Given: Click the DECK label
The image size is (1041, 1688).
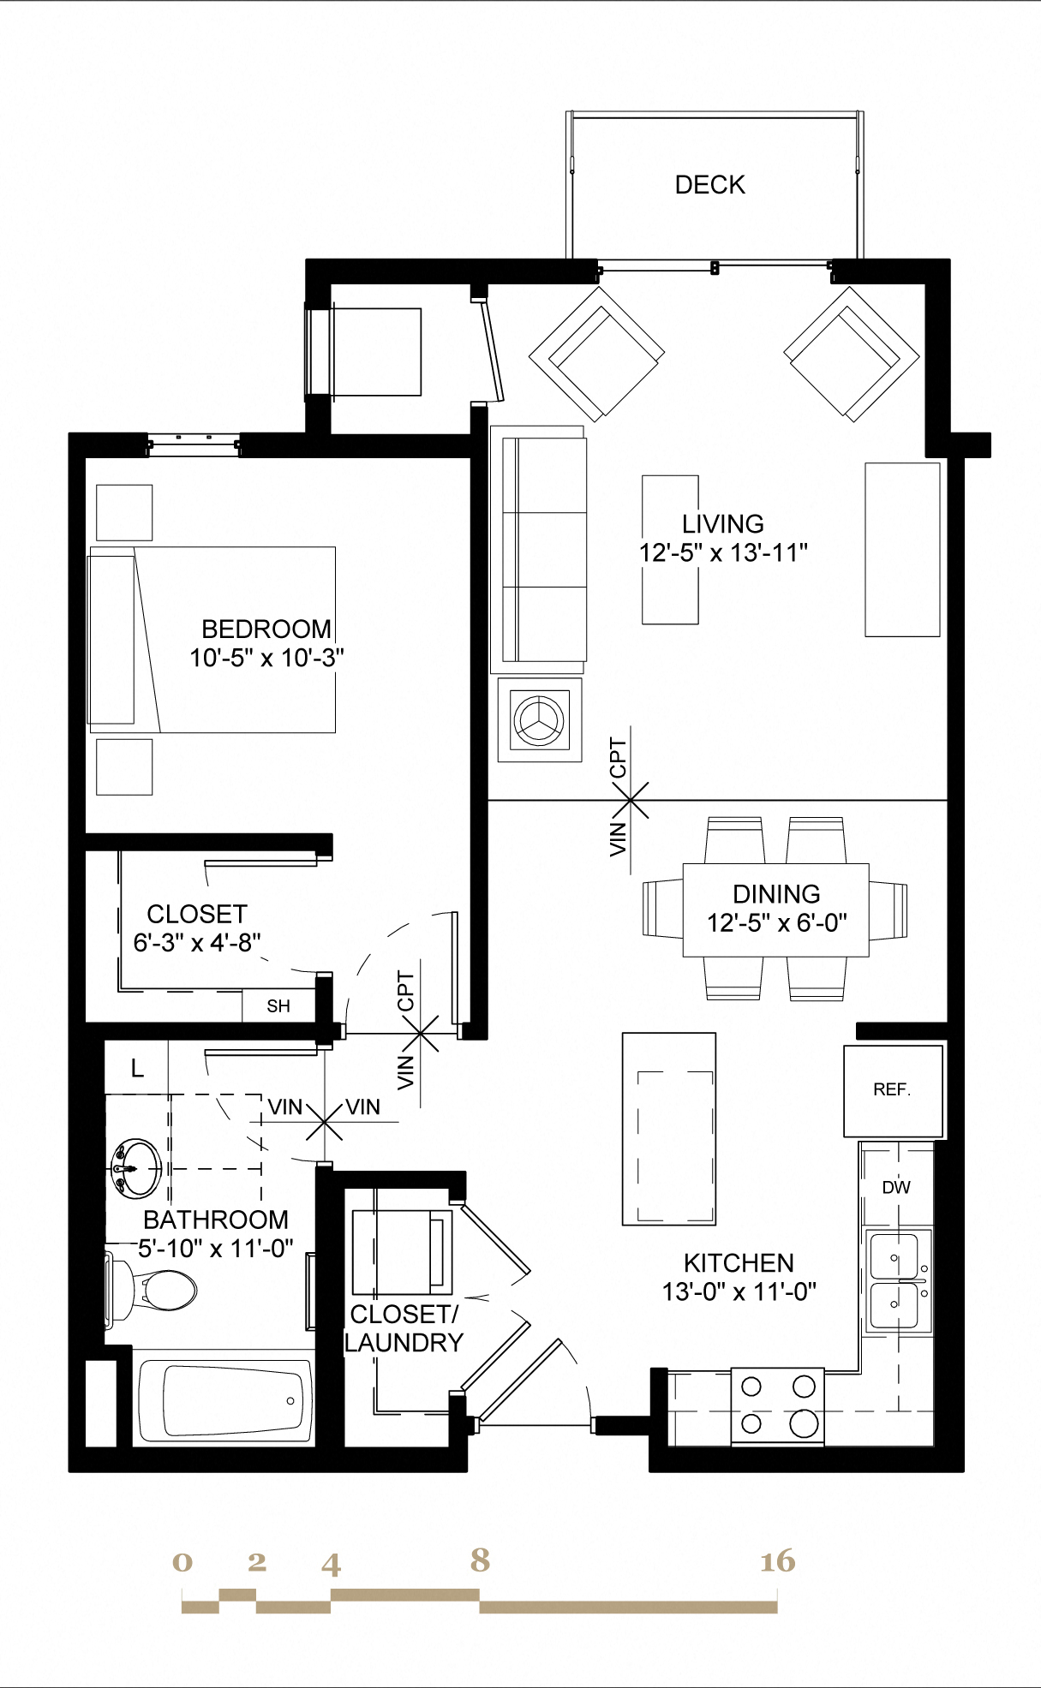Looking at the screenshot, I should (x=709, y=185).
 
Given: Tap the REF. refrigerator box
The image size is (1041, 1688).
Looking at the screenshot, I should (x=893, y=1090).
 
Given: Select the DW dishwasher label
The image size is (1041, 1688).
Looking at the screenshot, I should (x=896, y=1188).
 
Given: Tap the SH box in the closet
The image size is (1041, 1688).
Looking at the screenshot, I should (x=278, y=1006).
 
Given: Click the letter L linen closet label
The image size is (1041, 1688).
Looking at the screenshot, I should (x=137, y=1069).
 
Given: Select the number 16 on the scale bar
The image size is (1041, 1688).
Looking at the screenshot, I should (x=777, y=1561).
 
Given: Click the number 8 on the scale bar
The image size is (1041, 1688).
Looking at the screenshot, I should (x=480, y=1560).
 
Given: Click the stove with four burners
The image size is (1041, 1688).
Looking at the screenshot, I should (x=777, y=1407).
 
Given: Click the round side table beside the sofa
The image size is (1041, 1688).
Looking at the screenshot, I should (x=540, y=719).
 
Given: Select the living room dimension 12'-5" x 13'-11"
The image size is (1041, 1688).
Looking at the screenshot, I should (x=723, y=553).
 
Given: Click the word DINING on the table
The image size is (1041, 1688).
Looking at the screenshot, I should (x=776, y=894).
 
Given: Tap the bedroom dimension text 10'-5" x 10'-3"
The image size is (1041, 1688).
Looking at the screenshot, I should (x=266, y=659).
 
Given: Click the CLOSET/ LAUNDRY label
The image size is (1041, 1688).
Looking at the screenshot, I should (x=404, y=1328).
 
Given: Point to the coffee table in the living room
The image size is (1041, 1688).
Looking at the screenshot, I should (x=670, y=550).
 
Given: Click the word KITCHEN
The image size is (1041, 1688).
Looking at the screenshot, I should (x=739, y=1263).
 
